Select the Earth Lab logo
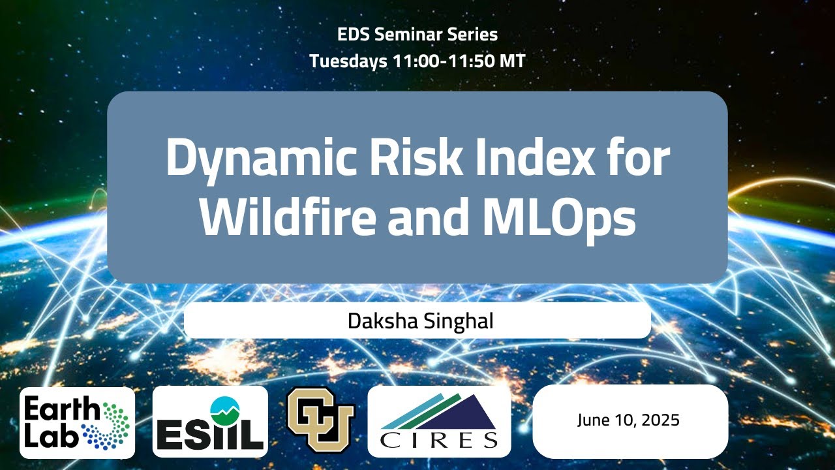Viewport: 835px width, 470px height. pos(77,422)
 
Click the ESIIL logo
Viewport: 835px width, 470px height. pos(210,422)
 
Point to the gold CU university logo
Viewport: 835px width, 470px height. pos(320,421)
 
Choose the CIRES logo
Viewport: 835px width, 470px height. pos(439,422)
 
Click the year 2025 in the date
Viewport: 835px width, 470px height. pos(659,420)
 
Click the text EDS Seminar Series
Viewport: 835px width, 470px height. pos(417,35)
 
